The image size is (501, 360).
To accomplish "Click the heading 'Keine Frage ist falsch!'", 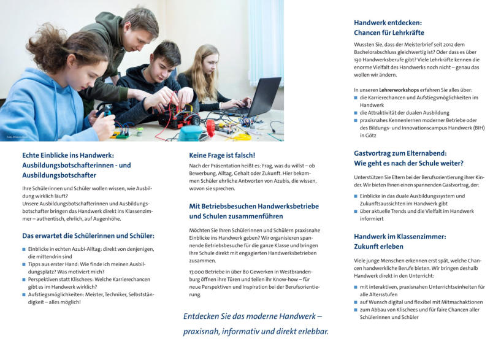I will point(222,155).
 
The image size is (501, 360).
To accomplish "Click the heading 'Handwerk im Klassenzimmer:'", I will point(400,236).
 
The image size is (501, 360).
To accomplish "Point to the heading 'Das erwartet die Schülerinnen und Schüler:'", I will point(88,236).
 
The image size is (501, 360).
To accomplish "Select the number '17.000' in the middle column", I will point(197,272).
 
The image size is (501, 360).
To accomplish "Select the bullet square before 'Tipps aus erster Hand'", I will point(24,264).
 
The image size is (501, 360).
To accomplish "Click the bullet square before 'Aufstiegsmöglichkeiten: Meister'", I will point(24,294).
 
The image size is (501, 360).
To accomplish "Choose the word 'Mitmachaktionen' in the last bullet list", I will point(459,302).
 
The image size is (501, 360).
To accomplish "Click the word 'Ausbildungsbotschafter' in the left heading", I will point(59,175).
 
